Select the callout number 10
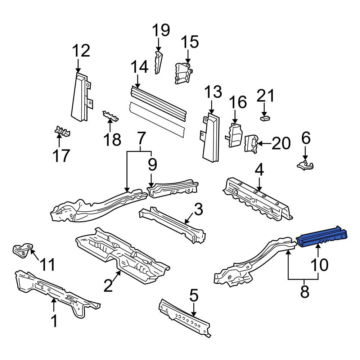319,265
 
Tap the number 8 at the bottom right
305,292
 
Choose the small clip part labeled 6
305,166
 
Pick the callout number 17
61,155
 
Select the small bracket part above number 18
110,116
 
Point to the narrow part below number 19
158,62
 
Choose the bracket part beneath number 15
184,73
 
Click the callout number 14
140,67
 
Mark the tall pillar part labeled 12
82,96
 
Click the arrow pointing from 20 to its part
264,144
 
